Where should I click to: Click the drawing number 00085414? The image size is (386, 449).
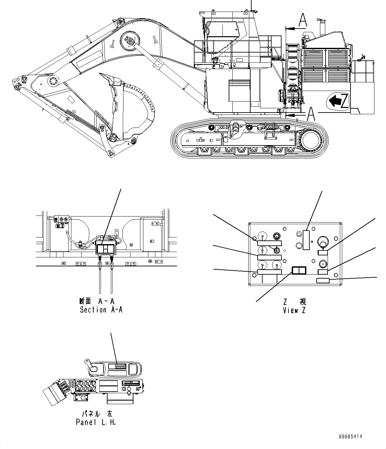click(350, 437)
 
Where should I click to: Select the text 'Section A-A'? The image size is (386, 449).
click(101, 310)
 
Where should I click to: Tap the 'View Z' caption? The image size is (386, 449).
click(294, 311)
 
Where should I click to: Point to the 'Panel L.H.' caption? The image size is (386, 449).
click(96, 422)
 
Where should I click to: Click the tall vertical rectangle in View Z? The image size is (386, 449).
click(306, 240)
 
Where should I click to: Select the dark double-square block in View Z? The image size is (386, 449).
click(298, 271)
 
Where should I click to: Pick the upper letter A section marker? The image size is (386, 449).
click(302, 20)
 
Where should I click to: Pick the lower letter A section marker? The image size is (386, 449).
click(311, 114)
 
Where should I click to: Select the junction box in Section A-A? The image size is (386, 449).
click(106, 249)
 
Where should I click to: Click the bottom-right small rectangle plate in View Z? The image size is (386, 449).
click(323, 281)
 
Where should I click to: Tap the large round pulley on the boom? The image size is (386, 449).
click(128, 41)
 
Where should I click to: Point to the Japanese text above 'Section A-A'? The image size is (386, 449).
click(97, 301)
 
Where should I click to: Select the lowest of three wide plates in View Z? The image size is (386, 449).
click(269, 272)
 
